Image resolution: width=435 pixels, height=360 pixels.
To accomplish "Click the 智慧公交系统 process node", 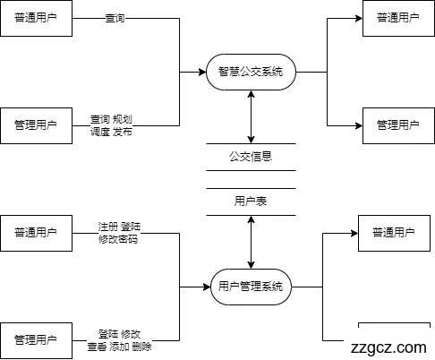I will [x=251, y=72].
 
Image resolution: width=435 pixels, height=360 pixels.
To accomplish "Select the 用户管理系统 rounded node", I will [x=251, y=287].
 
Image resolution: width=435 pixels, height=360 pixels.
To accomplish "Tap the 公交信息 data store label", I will [x=251, y=157].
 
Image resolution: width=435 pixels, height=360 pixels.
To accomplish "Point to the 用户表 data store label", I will [x=251, y=202].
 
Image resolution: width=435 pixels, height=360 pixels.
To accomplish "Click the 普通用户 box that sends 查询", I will [x=36, y=18].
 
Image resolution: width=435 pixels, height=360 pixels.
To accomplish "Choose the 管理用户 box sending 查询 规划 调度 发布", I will [x=36, y=125].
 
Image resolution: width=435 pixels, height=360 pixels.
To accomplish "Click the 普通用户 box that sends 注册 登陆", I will [x=36, y=233].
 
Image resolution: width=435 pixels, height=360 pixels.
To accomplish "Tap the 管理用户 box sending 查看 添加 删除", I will [x=36, y=340].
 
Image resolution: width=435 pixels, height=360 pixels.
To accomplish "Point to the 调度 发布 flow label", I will [x=111, y=132].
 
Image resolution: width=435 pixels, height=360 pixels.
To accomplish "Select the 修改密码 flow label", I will [x=117, y=239].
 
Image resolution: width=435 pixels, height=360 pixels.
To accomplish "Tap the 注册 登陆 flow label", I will [x=118, y=227].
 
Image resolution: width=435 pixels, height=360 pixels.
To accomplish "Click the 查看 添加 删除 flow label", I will [x=119, y=347].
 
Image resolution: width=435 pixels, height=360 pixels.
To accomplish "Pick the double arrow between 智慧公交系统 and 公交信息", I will [x=251, y=116].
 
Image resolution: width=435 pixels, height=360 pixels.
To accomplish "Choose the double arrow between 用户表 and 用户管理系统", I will [x=251, y=242].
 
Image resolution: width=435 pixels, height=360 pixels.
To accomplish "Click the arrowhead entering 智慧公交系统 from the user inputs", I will [x=200, y=72].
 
